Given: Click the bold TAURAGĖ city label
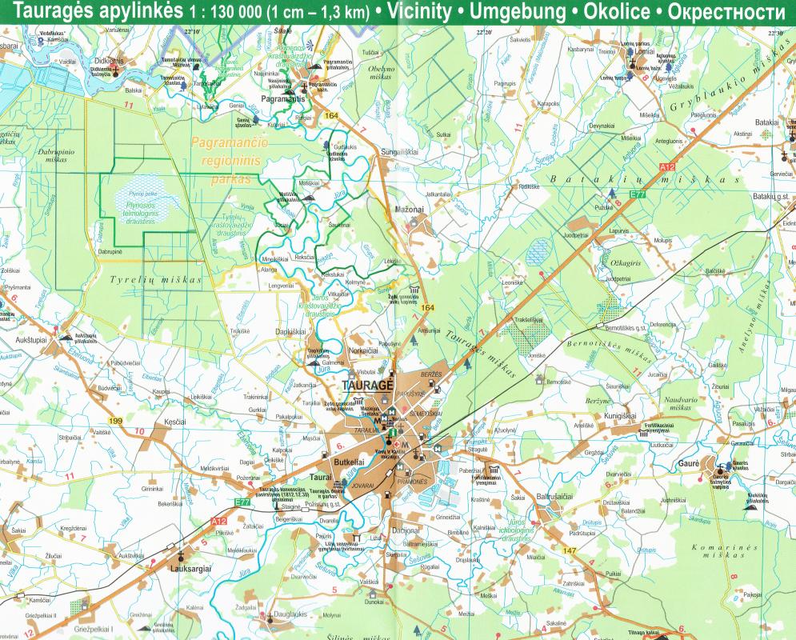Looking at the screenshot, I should (x=367, y=385).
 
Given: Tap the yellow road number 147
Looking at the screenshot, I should (x=569, y=551).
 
